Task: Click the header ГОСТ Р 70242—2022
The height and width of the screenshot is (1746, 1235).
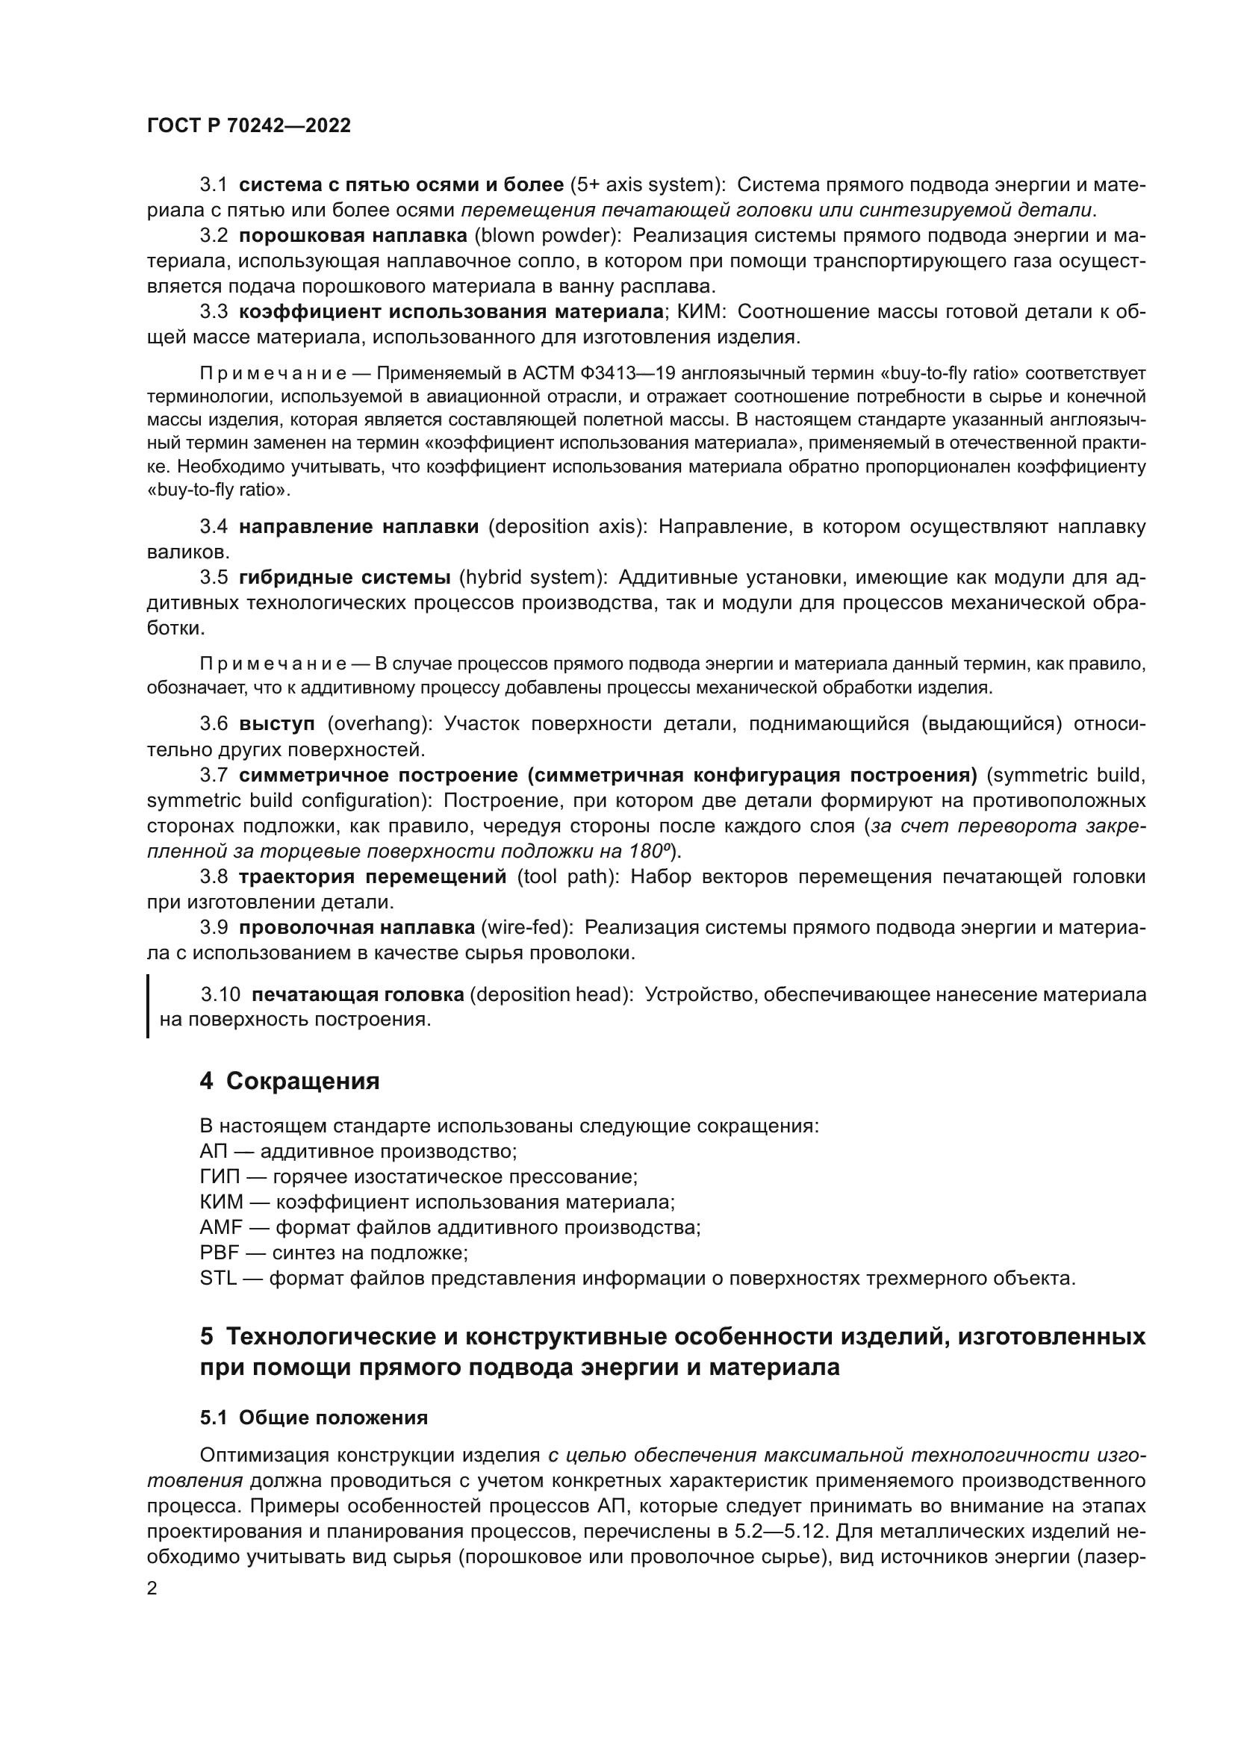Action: (249, 126)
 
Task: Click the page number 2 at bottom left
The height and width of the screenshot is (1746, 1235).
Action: (152, 1588)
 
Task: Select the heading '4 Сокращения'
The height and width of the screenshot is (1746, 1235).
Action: (289, 1082)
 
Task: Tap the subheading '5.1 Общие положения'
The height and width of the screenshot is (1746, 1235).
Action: (314, 1418)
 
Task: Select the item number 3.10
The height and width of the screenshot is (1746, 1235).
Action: (220, 994)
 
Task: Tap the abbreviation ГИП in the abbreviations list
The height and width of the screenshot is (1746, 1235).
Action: (220, 1177)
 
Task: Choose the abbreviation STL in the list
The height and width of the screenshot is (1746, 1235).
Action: (218, 1278)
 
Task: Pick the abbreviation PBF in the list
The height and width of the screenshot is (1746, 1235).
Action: (219, 1253)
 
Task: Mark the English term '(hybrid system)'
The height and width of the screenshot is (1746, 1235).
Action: (533, 577)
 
